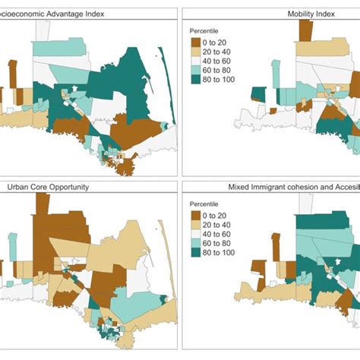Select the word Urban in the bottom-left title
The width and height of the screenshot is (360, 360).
point(21,187)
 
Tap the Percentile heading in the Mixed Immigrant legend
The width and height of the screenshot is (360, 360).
point(205,203)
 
